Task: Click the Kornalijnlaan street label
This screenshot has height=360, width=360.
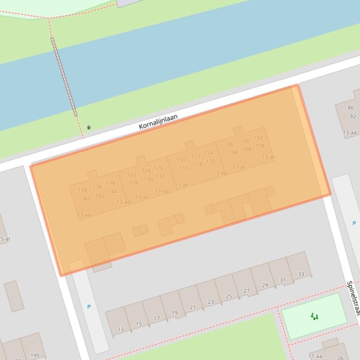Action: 158,121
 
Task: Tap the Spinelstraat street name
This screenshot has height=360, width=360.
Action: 353,298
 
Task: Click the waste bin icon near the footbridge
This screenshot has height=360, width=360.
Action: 88,127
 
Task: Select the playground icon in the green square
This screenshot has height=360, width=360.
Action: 315,317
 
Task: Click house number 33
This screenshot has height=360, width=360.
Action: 301,274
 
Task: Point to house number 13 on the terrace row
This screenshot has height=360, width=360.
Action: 121,329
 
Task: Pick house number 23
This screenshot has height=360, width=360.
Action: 211,302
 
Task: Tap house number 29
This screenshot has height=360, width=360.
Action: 265,285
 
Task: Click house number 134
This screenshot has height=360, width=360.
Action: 82,190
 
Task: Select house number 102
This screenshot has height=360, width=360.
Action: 258,138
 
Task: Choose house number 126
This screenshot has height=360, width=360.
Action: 159,168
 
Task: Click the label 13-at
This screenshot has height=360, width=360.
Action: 268,158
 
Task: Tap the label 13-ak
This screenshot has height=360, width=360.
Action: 181,185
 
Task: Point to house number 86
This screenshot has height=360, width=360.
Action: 351,108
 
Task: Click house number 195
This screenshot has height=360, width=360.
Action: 35,356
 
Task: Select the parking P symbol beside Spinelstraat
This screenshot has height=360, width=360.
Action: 354,223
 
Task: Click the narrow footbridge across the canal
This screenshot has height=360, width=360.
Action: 64,77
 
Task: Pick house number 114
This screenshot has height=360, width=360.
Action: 208,153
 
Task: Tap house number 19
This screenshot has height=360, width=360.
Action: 175,313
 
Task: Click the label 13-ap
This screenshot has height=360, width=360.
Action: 220,173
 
